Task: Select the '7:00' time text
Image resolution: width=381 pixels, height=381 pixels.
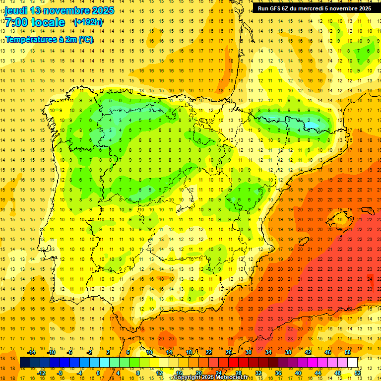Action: (17, 22)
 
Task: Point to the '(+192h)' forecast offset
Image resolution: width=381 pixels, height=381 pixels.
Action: (88, 22)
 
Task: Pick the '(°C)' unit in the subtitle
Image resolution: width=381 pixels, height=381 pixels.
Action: (85, 39)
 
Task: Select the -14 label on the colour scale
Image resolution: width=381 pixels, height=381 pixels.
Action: (31, 352)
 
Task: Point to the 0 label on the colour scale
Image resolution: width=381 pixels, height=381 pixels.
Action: (98, 373)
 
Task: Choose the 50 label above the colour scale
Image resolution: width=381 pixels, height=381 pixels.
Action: (347, 352)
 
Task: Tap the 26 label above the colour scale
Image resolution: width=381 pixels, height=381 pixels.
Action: (228, 352)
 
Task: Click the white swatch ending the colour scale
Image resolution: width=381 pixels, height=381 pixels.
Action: (352, 363)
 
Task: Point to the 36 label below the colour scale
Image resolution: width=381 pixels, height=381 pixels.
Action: (278, 373)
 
